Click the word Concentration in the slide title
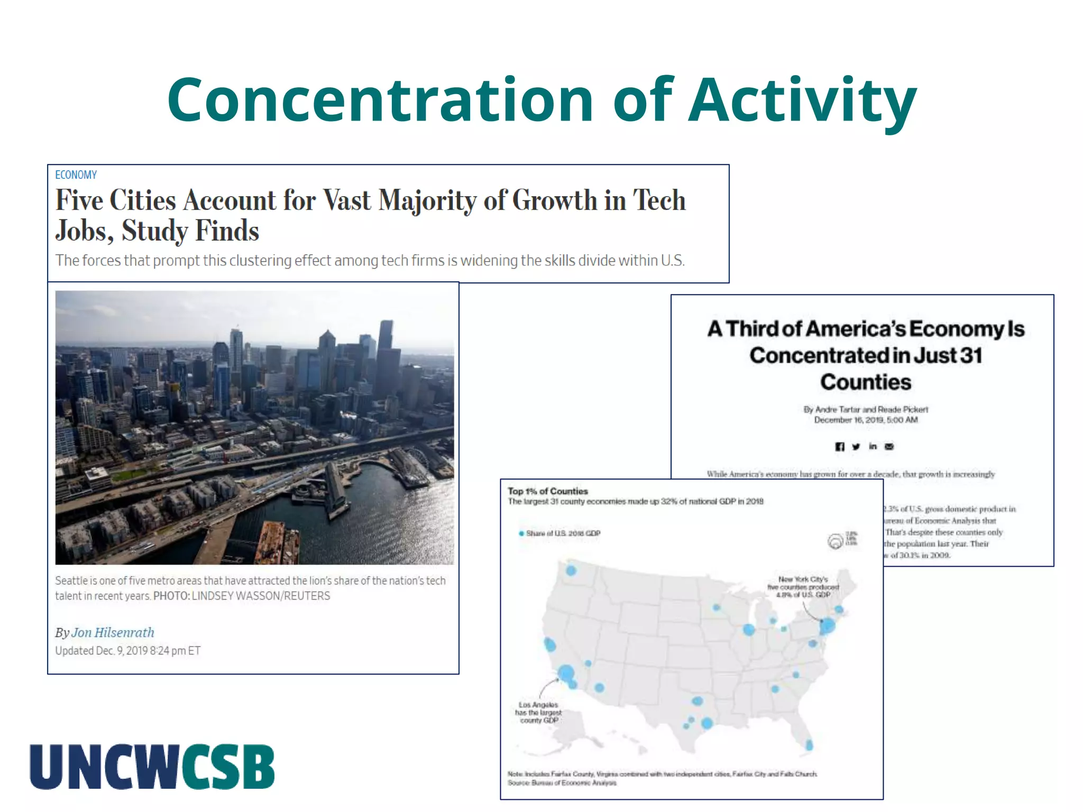click(x=380, y=100)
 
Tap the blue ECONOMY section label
click(x=76, y=175)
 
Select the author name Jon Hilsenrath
click(x=113, y=633)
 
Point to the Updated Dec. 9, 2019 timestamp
click(x=127, y=651)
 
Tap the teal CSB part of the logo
click(x=228, y=767)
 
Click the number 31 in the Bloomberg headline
click(x=971, y=356)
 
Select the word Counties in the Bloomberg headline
click(x=866, y=382)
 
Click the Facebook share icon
click(x=839, y=447)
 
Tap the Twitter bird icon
click(x=856, y=447)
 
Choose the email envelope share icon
click(x=889, y=447)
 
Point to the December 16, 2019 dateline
click(x=866, y=420)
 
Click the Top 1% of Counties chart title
click(x=547, y=491)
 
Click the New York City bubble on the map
click(x=827, y=626)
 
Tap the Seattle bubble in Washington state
click(x=571, y=570)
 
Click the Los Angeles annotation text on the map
click(x=538, y=712)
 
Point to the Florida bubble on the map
click(x=809, y=745)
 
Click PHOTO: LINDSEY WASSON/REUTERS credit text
click(x=242, y=596)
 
